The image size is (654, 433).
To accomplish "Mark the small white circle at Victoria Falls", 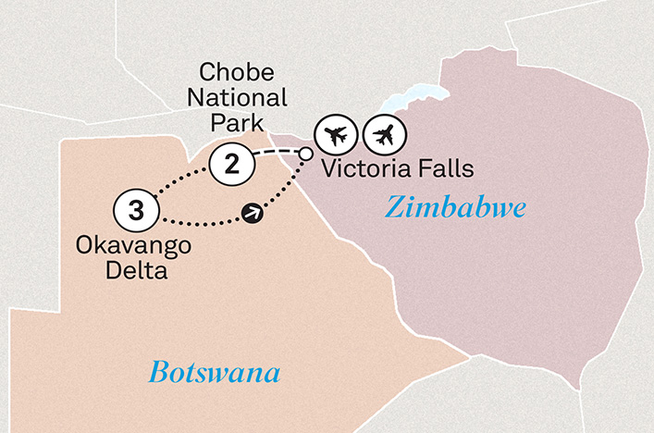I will click(x=304, y=153).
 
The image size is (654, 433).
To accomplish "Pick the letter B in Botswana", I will click(x=157, y=375).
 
